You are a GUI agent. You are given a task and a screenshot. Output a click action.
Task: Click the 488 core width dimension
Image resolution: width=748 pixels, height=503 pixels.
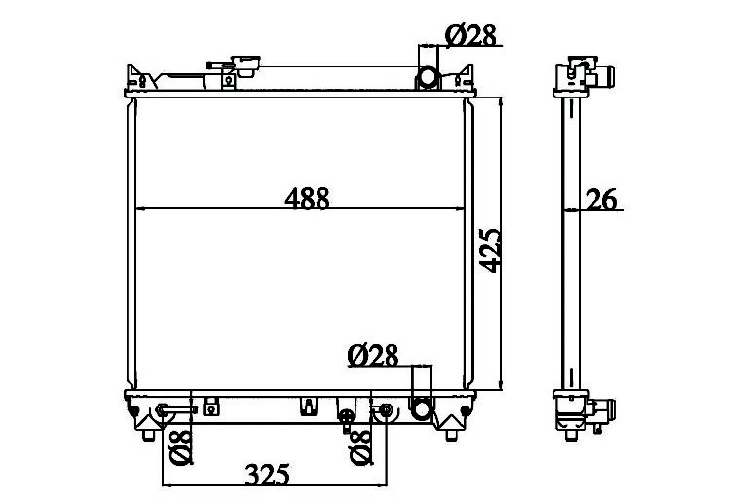[307, 198]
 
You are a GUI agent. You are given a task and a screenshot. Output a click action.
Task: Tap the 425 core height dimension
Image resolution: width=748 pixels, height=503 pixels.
[491, 251]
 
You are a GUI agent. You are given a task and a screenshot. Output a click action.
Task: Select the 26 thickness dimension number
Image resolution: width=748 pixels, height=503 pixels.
[601, 200]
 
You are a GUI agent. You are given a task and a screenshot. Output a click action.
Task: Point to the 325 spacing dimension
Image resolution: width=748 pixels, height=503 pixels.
[267, 474]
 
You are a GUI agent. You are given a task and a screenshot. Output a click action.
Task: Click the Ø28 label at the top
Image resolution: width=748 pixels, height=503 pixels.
[470, 35]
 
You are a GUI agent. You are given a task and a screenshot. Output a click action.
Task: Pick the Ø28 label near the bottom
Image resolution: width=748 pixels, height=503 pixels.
[373, 356]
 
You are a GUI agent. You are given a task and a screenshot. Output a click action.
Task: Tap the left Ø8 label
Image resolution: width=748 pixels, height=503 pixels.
[181, 447]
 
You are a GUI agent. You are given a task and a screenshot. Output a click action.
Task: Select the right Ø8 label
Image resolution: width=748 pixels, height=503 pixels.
[361, 447]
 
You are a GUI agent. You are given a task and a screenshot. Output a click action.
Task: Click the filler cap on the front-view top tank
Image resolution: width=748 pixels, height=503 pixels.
[245, 66]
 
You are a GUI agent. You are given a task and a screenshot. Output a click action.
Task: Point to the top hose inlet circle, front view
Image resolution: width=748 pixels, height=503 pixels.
[428, 77]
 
